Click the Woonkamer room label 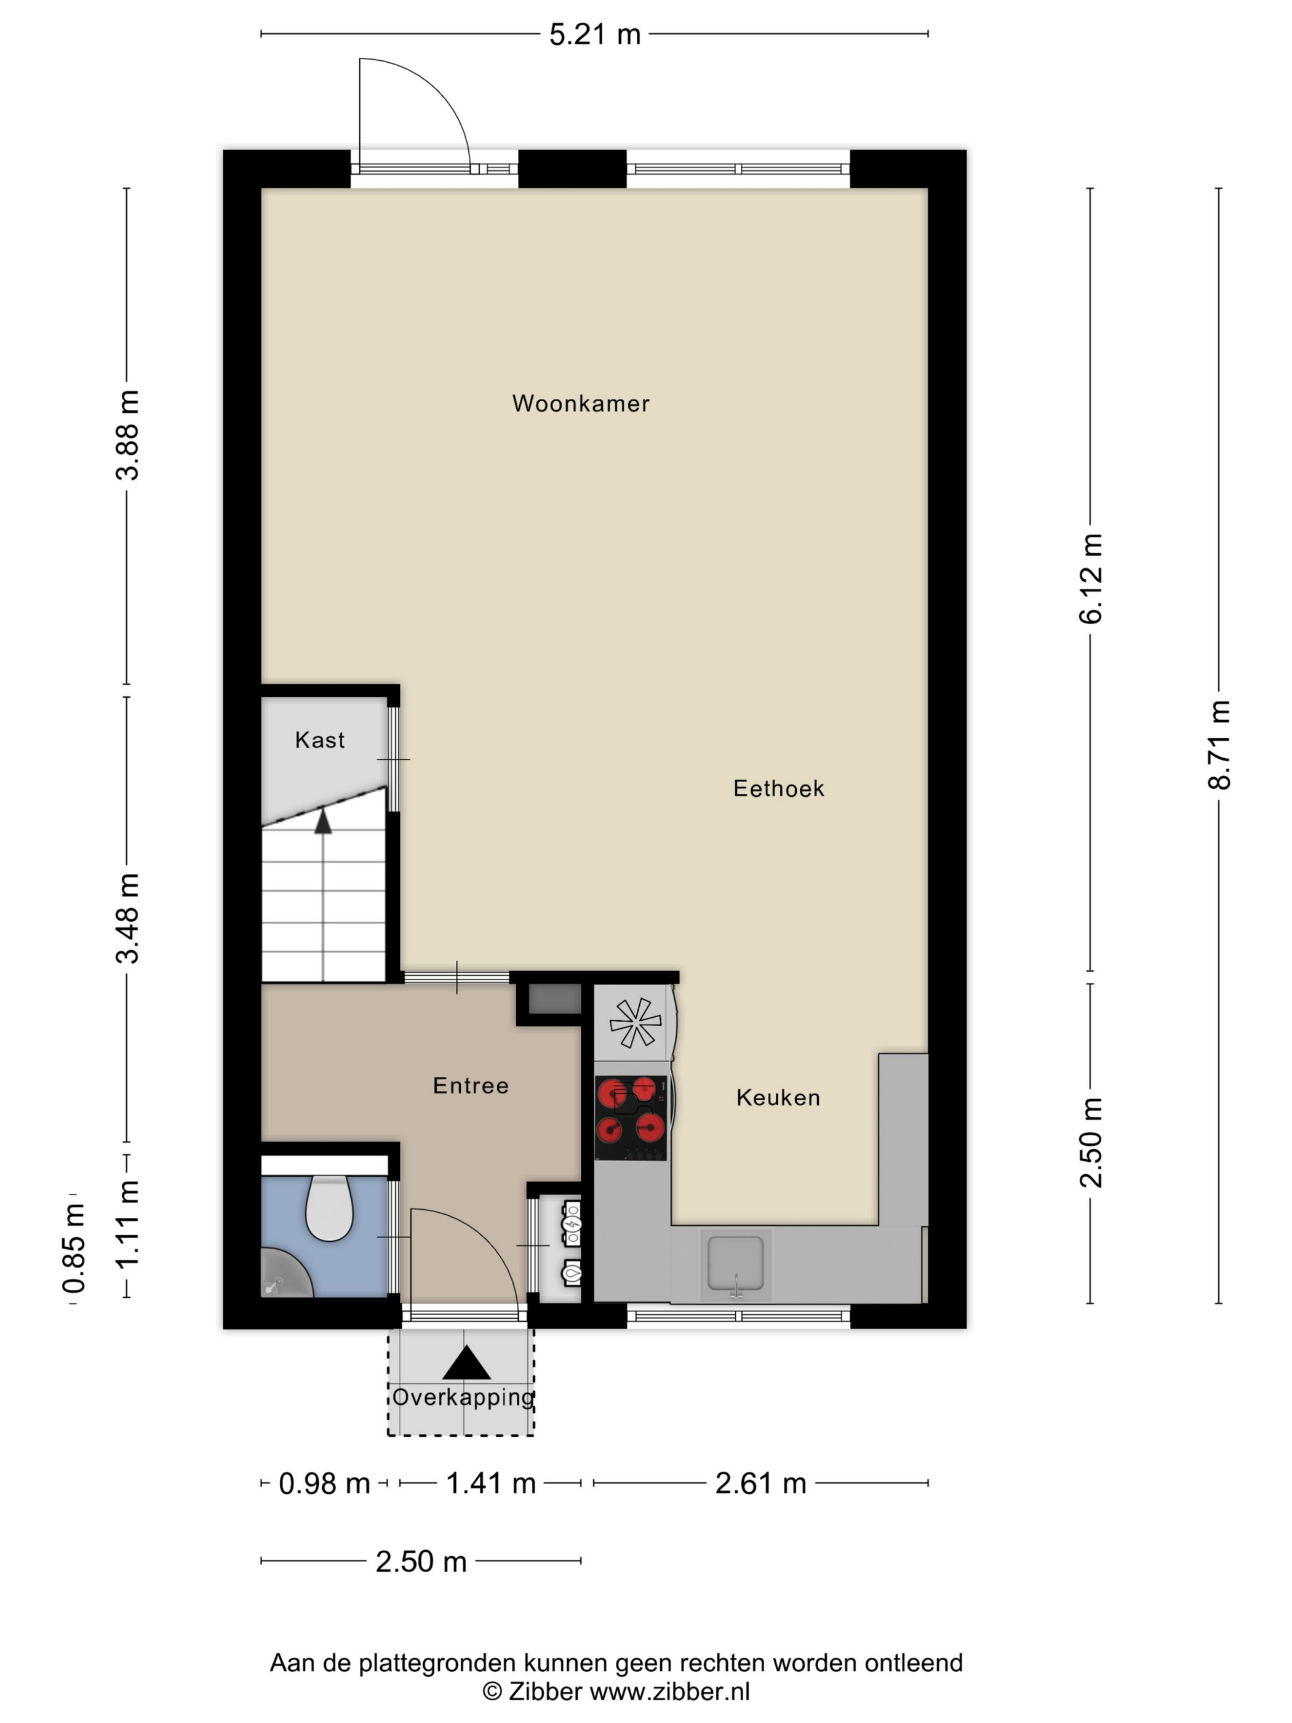580,404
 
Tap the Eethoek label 778,788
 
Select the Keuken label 778,1098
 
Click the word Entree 471,1085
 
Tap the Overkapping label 463,1397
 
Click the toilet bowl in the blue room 329,1208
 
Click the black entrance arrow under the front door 466,1363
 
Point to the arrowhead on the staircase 323,820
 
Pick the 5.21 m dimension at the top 594,34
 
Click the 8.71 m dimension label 1219,745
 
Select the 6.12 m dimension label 1090,579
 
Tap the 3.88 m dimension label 127,434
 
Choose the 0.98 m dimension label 324,1483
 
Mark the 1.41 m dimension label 490,1483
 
